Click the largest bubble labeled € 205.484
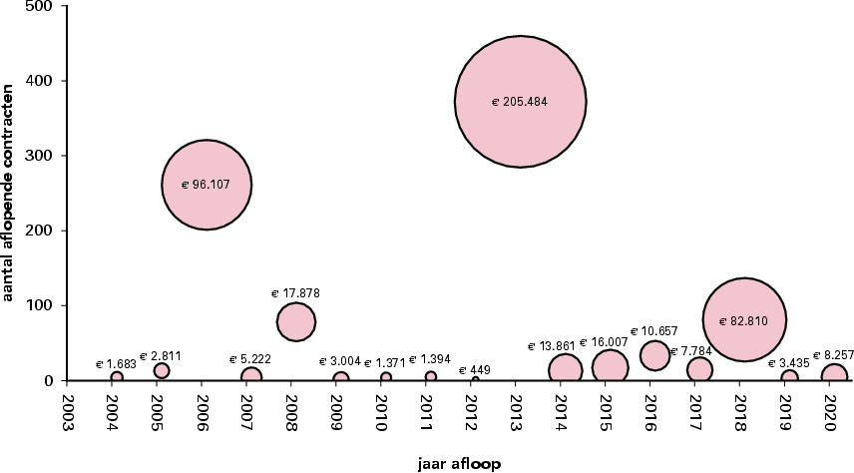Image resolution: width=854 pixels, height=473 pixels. (520, 102)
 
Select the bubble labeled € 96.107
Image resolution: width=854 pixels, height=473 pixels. (206, 185)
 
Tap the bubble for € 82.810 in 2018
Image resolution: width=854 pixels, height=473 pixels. (743, 320)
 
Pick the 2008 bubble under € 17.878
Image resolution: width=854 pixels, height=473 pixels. (295, 320)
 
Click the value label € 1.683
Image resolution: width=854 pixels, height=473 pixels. (116, 364)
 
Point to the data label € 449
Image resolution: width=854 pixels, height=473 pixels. (475, 370)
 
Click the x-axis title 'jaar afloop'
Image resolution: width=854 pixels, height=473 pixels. (460, 463)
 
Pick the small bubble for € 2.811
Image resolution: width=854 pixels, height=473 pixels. (161, 370)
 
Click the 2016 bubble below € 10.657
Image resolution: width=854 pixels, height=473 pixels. (654, 354)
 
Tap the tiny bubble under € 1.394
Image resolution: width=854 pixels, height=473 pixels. (430, 377)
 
